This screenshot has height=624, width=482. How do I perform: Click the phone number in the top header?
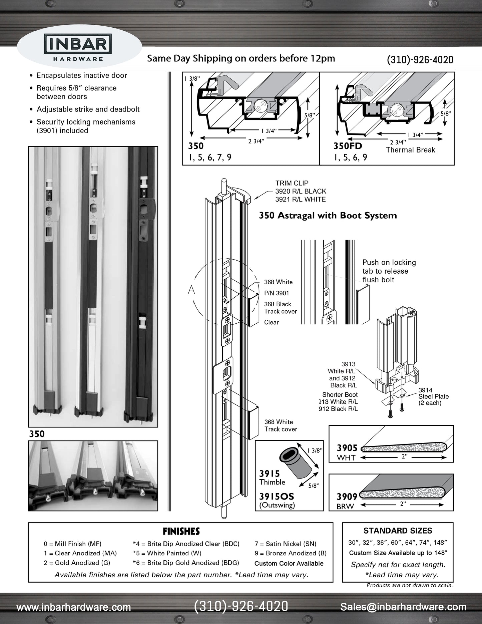(x=420, y=59)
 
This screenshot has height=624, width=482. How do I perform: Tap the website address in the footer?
(x=74, y=607)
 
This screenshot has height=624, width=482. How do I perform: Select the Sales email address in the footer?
(x=403, y=607)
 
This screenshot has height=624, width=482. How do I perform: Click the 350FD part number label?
(x=348, y=146)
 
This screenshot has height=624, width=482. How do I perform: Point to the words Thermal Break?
(x=410, y=150)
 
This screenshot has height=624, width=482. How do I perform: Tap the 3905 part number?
(x=347, y=448)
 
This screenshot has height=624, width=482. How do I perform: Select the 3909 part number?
(x=347, y=497)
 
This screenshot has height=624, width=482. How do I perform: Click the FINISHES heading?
(x=181, y=531)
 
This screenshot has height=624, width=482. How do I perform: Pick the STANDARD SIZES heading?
(x=398, y=531)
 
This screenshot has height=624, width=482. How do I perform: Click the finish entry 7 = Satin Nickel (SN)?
(x=285, y=544)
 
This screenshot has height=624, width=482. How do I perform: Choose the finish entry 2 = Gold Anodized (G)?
(x=77, y=563)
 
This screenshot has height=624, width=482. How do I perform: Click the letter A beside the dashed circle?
(x=191, y=290)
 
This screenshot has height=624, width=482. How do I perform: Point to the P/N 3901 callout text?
(x=277, y=293)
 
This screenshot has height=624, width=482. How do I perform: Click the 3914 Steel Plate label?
(x=433, y=396)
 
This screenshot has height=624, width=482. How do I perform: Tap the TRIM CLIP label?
(x=292, y=183)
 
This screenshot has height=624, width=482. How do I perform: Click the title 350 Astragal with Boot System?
(x=328, y=216)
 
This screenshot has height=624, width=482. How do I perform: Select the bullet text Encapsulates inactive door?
(x=82, y=75)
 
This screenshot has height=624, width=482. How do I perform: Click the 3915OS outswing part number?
(x=277, y=496)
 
